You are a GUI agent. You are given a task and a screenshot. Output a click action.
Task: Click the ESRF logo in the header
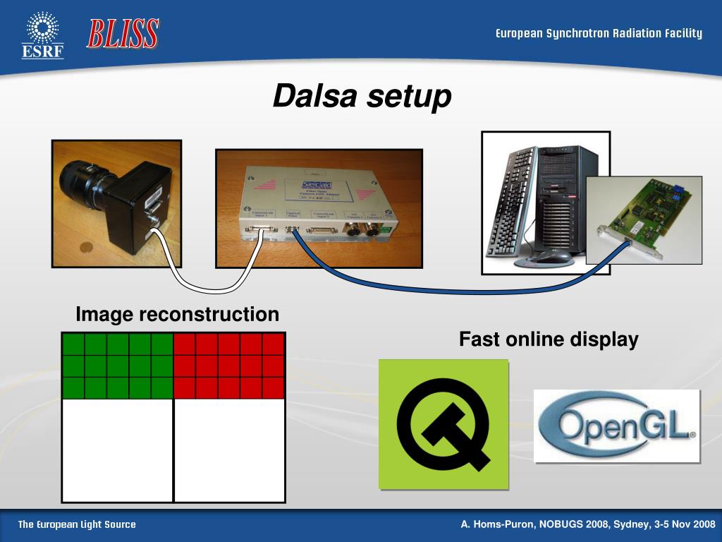(x=42, y=35)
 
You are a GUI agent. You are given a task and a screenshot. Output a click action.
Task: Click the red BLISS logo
(x=123, y=34)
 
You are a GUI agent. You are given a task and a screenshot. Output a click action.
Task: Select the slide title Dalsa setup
(x=362, y=96)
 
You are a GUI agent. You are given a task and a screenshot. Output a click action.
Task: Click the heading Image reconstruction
(x=177, y=314)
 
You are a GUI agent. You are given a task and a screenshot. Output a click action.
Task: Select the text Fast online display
(x=549, y=339)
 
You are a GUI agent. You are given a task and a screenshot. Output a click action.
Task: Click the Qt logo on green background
(x=443, y=424)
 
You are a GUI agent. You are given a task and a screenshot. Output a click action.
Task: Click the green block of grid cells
(x=118, y=366)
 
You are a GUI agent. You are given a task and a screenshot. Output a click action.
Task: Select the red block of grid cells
(x=229, y=366)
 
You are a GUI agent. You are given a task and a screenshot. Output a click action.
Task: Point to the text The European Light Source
(x=77, y=524)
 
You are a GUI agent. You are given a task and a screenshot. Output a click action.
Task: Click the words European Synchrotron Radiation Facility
(x=599, y=33)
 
